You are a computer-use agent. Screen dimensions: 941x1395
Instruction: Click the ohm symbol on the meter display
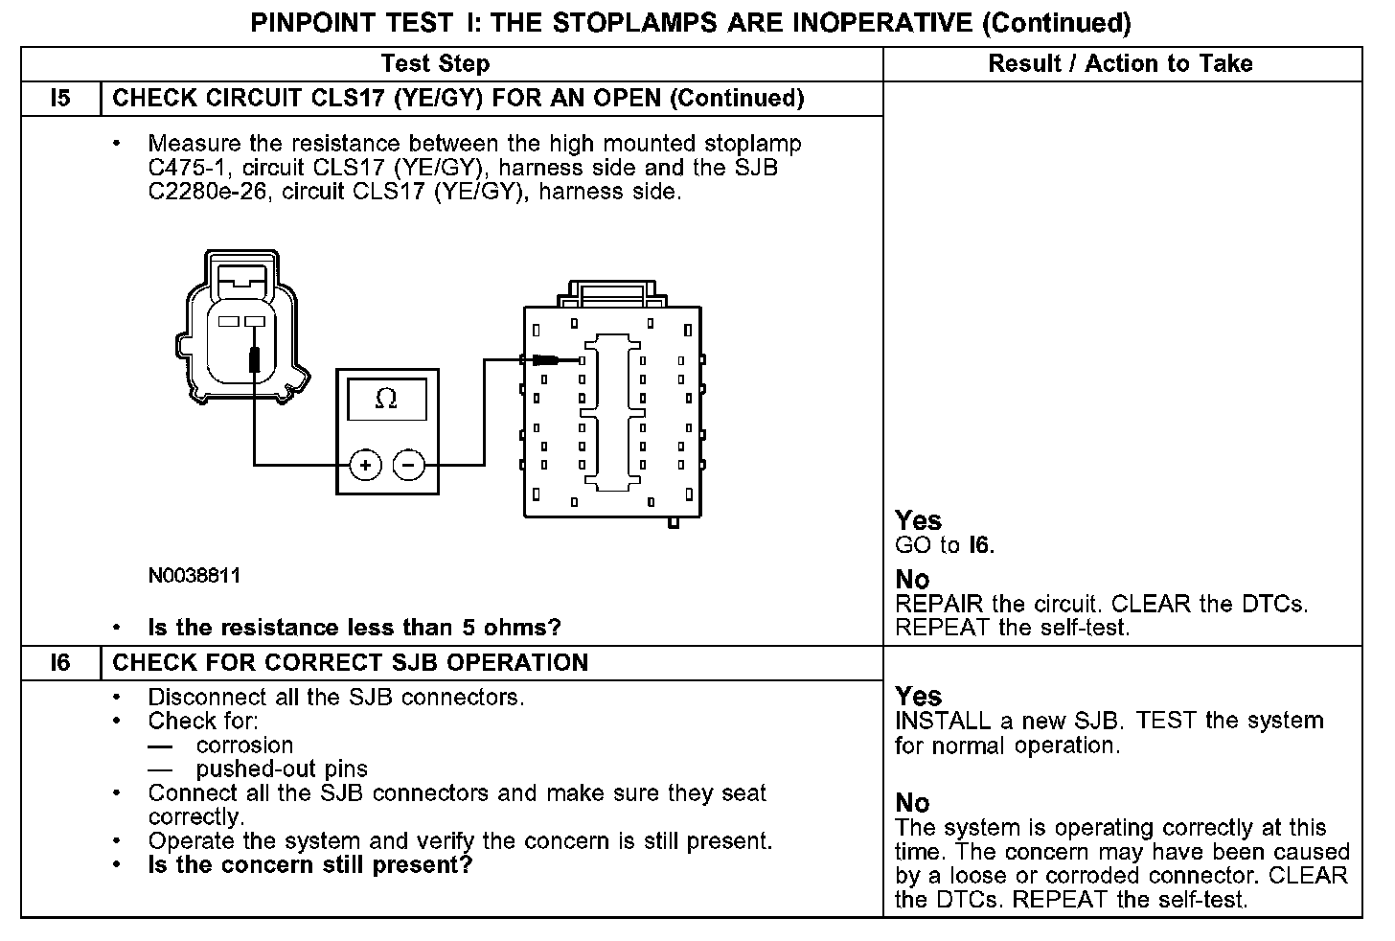tap(386, 399)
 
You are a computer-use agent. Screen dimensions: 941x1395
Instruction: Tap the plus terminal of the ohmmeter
tap(364, 466)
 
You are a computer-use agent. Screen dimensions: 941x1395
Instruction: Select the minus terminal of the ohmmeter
tap(409, 466)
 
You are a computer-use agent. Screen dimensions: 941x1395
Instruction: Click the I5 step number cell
tap(60, 99)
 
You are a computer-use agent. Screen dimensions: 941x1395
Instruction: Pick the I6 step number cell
tap(60, 663)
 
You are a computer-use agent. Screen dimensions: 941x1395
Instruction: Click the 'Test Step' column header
tap(435, 64)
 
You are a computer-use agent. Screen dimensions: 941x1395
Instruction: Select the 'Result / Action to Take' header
tap(1120, 64)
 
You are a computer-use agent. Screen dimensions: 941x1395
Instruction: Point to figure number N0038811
tap(194, 576)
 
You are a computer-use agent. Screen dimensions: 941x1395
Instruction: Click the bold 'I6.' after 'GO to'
tap(982, 546)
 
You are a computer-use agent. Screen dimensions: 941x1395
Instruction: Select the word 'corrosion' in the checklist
tap(244, 746)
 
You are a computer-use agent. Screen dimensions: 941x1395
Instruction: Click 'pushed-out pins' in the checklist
tap(282, 769)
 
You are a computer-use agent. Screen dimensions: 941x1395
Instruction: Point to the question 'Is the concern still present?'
tap(310, 865)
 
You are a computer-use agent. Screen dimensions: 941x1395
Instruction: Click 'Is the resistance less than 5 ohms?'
tap(354, 628)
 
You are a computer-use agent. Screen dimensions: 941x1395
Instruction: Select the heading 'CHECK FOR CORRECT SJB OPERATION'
tap(351, 663)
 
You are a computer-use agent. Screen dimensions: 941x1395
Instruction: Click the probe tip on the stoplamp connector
tap(254, 358)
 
